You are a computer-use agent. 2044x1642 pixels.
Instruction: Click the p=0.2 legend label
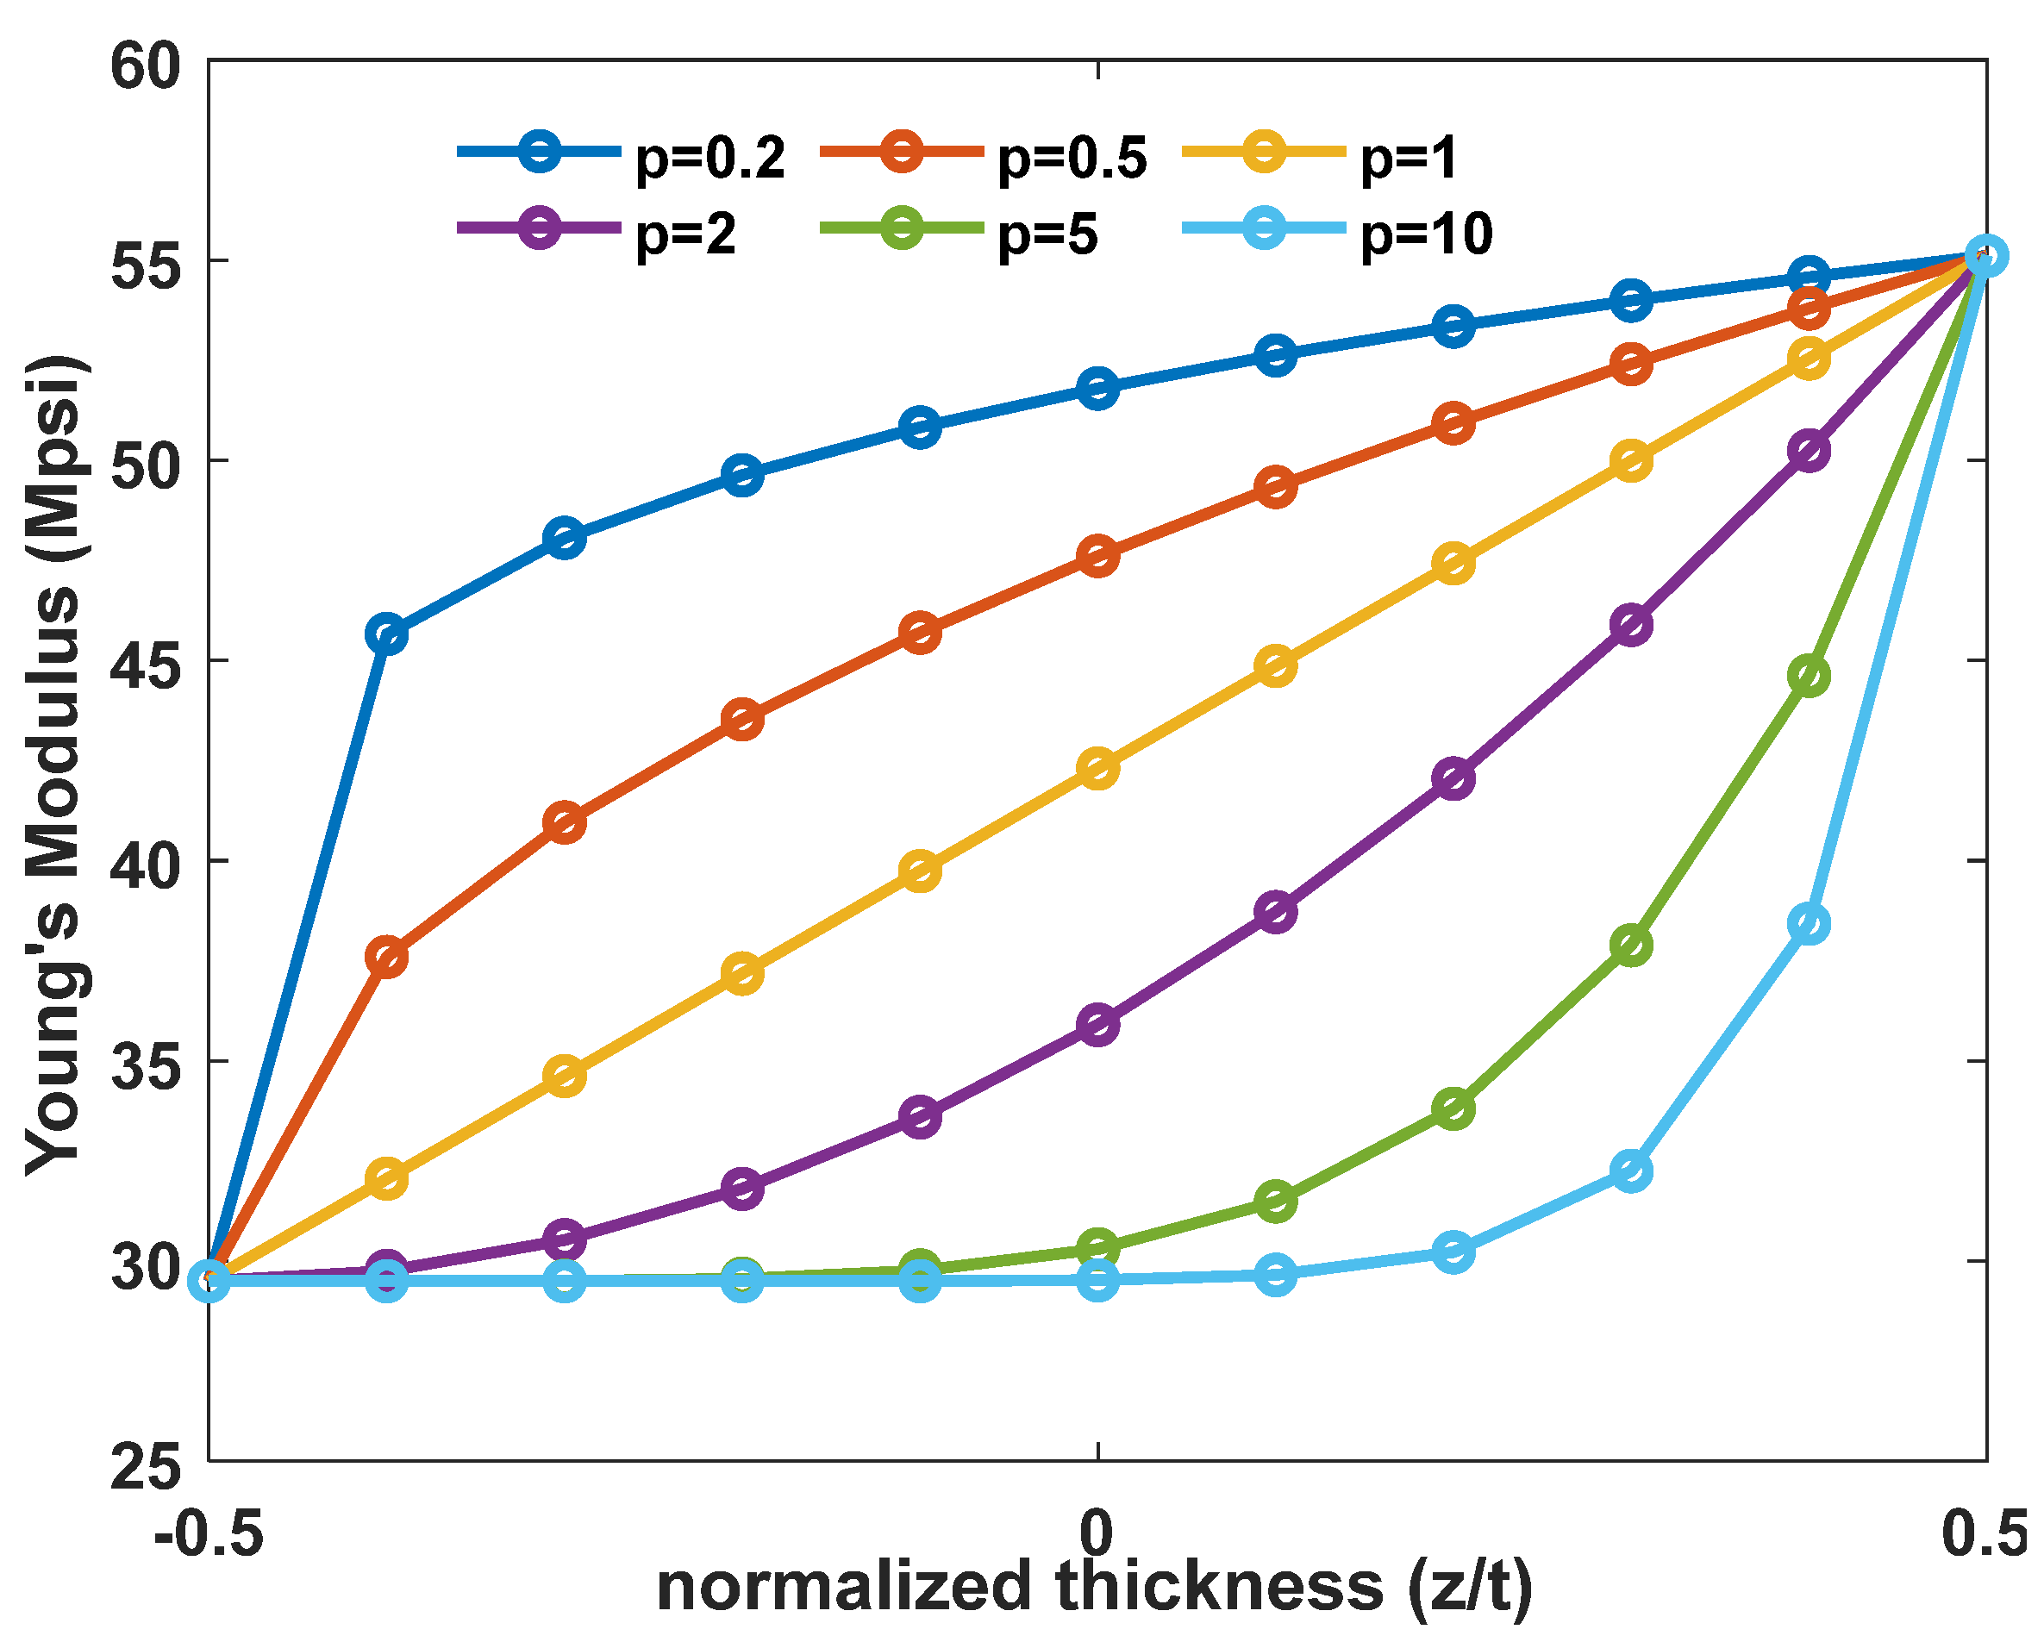tap(710, 159)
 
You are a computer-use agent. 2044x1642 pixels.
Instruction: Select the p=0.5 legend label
tap(1072, 159)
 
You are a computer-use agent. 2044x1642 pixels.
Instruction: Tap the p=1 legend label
tap(1408, 159)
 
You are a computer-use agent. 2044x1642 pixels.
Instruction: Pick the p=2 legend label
tap(685, 234)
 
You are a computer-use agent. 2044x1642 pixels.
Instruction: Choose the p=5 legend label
tap(1047, 234)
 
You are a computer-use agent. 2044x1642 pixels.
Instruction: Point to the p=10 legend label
tap(1426, 234)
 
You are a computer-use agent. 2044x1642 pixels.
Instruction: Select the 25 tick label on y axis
tap(145, 1469)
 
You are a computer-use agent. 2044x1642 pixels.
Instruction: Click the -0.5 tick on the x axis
tap(209, 1533)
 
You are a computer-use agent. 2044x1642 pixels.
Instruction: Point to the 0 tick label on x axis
tap(1097, 1533)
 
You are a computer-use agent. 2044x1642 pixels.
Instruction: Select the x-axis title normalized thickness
tap(1095, 1588)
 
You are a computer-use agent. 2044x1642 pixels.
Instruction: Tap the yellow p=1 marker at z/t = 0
tap(1097, 768)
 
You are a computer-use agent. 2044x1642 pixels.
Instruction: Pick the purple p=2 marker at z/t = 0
tap(1097, 1025)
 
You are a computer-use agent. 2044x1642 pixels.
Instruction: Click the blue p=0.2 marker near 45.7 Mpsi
tap(387, 634)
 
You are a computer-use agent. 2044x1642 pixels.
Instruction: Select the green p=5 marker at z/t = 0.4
tap(1809, 676)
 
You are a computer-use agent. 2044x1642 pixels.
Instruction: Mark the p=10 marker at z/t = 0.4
tap(1809, 923)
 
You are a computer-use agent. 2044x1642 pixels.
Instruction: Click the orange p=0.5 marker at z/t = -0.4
tap(387, 958)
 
